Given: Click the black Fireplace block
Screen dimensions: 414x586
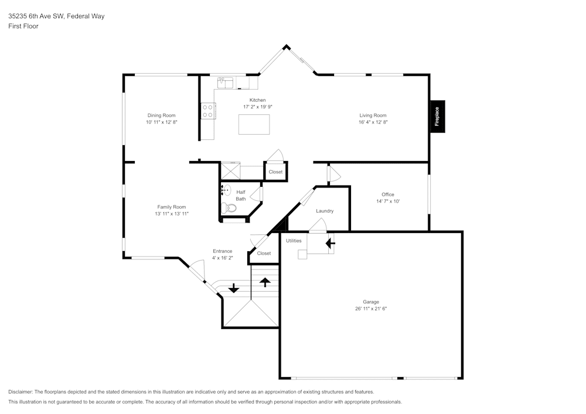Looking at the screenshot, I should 437,116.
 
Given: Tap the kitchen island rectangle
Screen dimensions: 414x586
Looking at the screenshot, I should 254,124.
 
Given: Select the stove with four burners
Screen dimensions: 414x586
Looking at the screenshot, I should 208,111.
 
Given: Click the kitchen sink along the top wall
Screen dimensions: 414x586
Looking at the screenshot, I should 225,83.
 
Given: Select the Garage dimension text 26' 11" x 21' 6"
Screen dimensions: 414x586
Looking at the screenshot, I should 370,309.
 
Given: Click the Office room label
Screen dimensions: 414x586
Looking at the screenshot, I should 387,194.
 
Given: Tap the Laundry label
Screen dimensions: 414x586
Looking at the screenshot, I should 325,211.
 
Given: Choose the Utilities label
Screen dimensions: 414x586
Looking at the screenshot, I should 294,241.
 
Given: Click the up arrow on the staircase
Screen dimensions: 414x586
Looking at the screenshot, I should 265,282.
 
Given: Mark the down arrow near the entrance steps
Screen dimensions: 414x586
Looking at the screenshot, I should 233,288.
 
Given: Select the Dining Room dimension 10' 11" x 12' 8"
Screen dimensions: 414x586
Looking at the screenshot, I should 161,122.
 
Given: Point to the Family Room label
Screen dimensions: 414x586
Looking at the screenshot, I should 171,207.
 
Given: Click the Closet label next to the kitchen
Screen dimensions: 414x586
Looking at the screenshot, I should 275,172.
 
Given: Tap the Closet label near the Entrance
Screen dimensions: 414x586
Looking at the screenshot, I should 264,254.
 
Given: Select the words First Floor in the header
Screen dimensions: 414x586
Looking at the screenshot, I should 23,26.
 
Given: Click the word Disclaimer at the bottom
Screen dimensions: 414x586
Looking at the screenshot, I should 21,392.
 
